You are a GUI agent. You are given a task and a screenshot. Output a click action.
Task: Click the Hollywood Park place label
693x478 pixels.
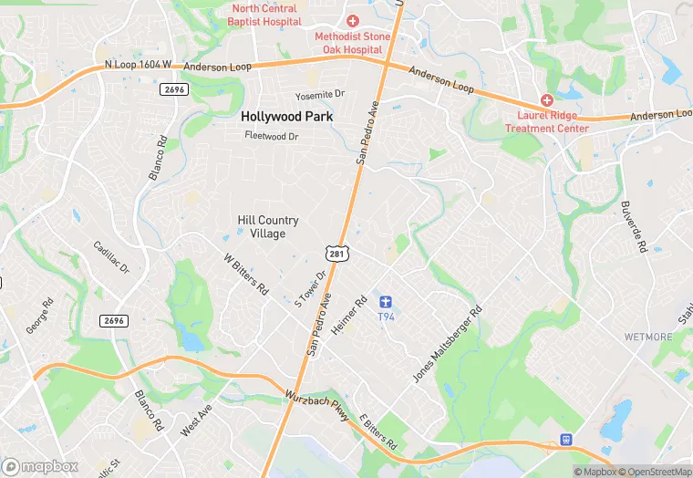(x=287, y=117)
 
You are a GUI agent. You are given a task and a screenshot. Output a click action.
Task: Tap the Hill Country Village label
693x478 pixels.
(x=268, y=227)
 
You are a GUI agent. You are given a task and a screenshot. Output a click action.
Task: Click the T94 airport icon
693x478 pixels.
(x=386, y=301)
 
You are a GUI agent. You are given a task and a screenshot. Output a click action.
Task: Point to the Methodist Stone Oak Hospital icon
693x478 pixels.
(x=353, y=21)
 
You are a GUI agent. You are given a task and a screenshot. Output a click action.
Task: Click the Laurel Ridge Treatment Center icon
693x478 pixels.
(x=547, y=99)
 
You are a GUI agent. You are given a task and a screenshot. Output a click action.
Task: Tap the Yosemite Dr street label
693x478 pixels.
(x=320, y=95)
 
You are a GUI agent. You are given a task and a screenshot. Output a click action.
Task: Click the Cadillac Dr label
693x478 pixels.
(x=111, y=258)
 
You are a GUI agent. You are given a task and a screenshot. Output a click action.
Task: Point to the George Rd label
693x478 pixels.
(x=37, y=315)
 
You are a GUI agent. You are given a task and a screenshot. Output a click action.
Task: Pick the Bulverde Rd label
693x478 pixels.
(x=633, y=226)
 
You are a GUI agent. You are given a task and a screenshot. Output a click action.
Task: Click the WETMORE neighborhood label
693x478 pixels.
(x=647, y=337)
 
